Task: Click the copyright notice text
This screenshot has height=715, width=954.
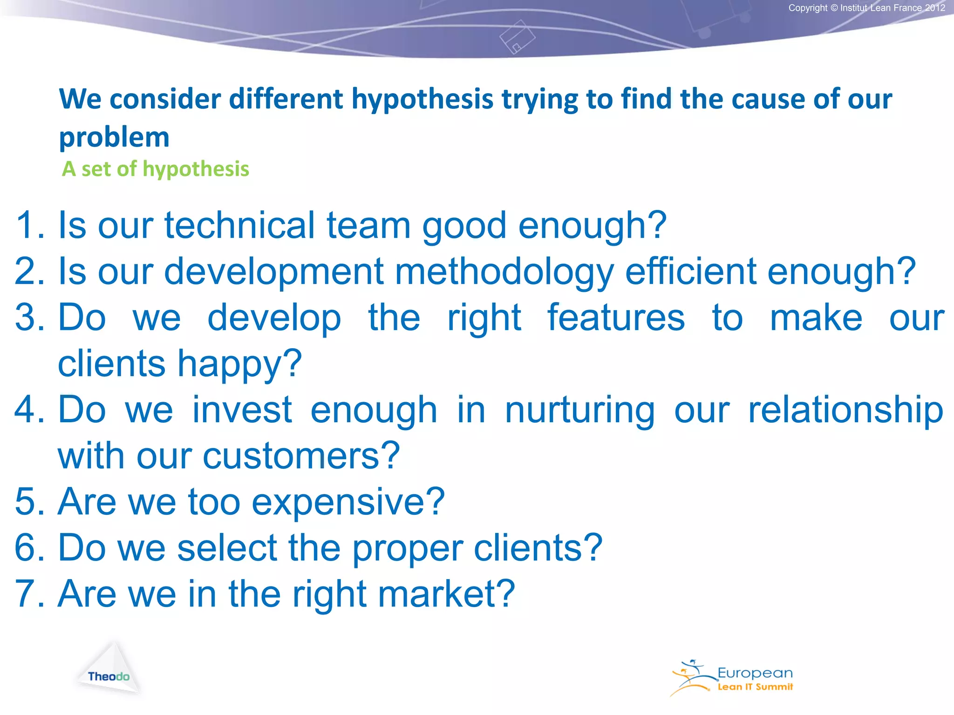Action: [866, 8]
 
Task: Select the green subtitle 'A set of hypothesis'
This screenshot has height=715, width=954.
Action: [156, 169]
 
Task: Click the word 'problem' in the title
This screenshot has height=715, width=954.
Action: [114, 138]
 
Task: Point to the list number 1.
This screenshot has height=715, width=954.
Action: [29, 226]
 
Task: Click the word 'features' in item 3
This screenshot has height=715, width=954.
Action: [616, 318]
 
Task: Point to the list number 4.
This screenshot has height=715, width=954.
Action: [29, 410]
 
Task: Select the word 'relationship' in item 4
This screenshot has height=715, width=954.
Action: [845, 410]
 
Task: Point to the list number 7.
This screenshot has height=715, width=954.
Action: [29, 594]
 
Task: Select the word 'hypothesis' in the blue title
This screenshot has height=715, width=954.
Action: [422, 100]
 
